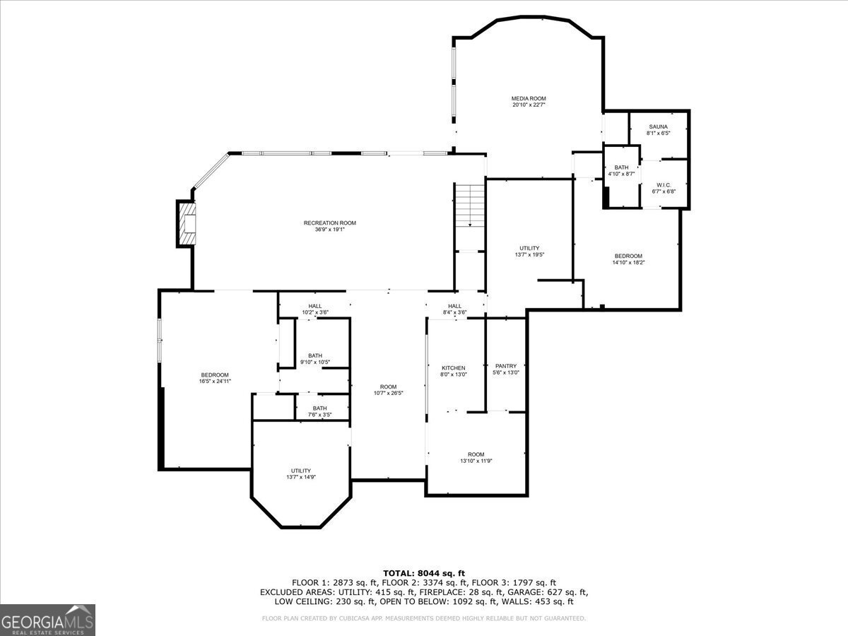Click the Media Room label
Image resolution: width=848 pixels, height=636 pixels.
click(529, 101)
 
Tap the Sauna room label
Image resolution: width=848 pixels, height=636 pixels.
click(657, 129)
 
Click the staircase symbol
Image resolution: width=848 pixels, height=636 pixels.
click(469, 205)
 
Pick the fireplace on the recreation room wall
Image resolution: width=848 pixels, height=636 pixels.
click(186, 223)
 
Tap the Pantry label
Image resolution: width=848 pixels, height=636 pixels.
click(506, 369)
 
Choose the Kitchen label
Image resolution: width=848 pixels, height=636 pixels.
click(453, 371)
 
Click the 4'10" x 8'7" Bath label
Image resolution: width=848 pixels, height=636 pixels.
click(621, 170)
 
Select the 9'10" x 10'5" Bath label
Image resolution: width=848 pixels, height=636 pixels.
click(315, 359)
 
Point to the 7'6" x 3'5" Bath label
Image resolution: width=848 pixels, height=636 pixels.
click(320, 411)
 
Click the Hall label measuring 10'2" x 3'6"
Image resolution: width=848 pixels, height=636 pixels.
click(314, 309)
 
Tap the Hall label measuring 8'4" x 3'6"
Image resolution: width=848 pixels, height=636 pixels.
click(454, 309)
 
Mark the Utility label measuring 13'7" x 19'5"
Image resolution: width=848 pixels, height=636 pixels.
click(529, 251)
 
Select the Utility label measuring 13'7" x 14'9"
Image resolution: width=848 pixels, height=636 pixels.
click(301, 473)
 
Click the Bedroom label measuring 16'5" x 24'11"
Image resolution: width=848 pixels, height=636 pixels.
click(215, 378)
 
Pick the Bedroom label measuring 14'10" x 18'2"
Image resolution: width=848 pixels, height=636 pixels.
click(628, 259)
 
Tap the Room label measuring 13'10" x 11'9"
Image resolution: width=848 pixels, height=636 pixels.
click(476, 457)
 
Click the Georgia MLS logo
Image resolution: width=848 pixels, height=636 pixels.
click(47, 620)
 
